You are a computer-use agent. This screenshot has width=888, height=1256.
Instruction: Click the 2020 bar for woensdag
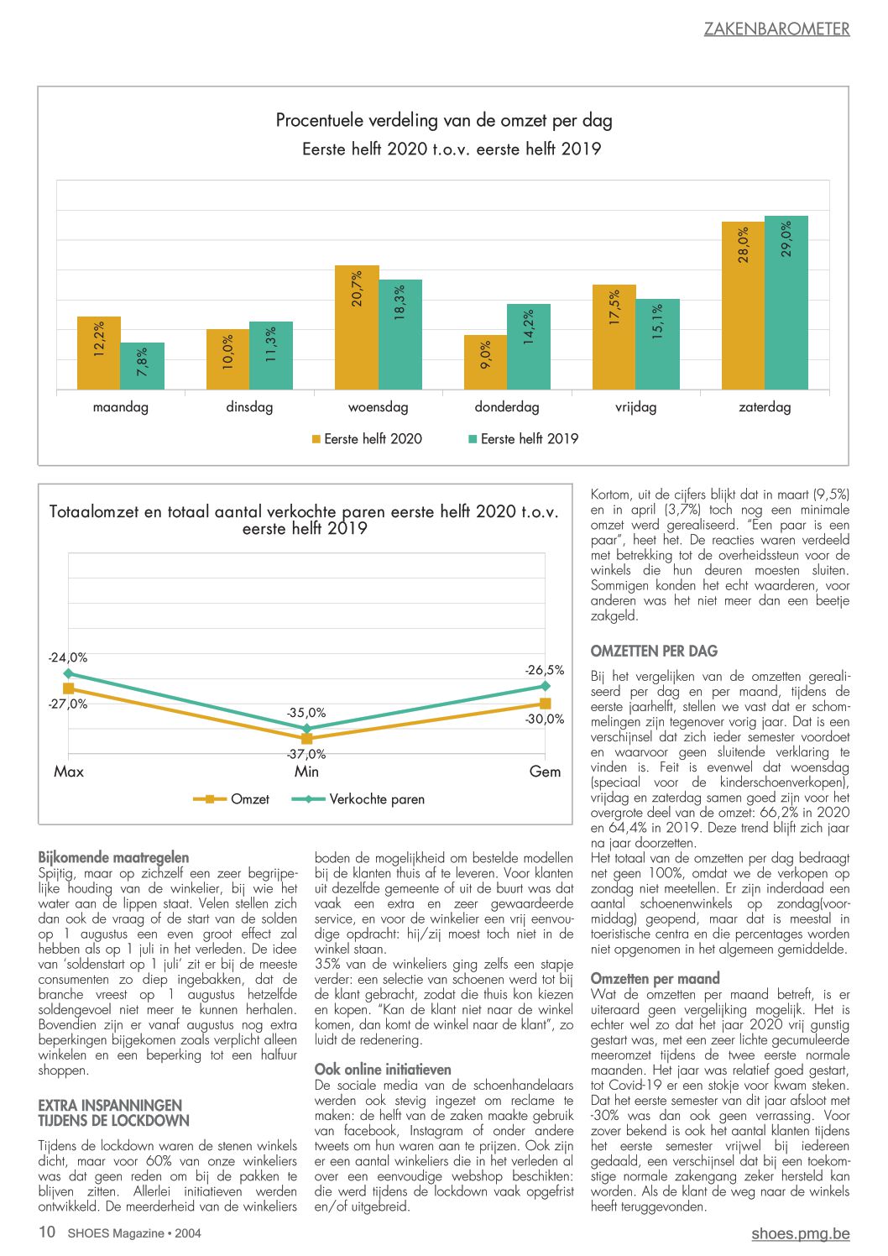point(357,327)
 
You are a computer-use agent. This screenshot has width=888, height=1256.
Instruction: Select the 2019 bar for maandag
point(143,365)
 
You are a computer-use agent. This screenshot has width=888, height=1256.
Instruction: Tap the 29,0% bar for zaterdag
point(786,302)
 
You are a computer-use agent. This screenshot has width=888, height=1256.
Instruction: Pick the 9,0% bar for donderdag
point(485,362)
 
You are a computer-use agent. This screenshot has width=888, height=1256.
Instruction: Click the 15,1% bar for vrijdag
point(657,343)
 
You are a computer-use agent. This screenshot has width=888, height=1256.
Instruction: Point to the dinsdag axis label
point(249,406)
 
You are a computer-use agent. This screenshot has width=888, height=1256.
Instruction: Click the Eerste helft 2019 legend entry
point(523,438)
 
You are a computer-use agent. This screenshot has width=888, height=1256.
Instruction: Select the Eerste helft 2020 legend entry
point(367,438)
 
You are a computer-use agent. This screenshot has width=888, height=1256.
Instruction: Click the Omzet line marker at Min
point(306,738)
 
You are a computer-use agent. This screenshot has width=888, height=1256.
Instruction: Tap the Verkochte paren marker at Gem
point(545,686)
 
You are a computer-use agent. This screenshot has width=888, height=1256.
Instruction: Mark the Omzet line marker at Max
point(68,688)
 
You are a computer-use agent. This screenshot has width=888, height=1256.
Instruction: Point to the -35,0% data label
point(306,713)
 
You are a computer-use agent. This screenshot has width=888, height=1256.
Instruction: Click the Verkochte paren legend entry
point(358,799)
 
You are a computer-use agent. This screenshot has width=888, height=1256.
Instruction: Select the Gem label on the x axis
point(545,772)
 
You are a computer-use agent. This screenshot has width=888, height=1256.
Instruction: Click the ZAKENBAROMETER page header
point(776,29)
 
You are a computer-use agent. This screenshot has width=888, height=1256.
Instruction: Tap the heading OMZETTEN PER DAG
point(654,651)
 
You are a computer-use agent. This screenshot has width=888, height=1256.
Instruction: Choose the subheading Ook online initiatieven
point(383,1070)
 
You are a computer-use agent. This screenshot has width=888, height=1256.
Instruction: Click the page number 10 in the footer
point(47,1232)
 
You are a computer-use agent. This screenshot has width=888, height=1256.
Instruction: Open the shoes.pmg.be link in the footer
point(801,1233)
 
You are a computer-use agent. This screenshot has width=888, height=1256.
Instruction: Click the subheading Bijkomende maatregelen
point(113,857)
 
